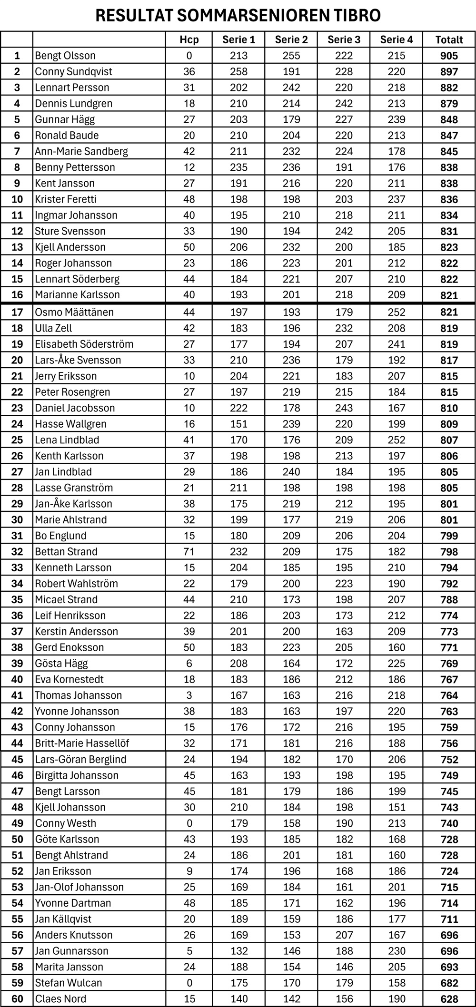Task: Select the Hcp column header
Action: point(189,40)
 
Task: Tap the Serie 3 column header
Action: point(344,40)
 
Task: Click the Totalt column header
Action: point(449,40)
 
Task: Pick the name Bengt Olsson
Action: point(65,56)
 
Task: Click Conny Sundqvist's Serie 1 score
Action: point(238,72)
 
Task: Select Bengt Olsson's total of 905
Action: point(449,56)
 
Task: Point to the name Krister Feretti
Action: point(65,199)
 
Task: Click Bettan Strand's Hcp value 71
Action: point(189,552)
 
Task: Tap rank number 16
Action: point(17,295)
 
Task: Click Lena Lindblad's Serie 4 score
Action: point(396,440)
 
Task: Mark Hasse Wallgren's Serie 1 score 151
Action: point(238,424)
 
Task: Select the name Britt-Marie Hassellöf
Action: point(82,743)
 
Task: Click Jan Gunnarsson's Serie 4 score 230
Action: point(396,951)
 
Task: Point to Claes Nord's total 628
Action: point(449,999)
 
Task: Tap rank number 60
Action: point(17,999)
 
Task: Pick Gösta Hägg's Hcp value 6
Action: point(189,664)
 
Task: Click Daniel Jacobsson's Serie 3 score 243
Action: point(344,408)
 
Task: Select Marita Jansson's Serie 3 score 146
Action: point(344,967)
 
